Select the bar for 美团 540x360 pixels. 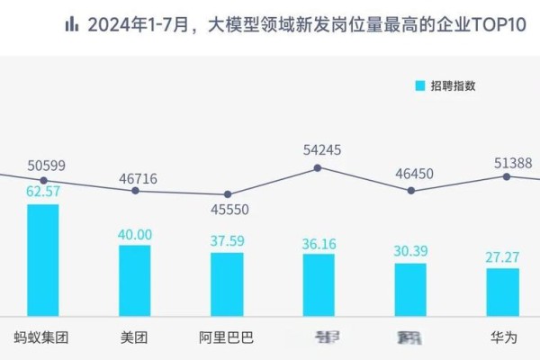[x=135, y=280]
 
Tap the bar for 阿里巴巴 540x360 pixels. [x=227, y=283]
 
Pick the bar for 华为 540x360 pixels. [x=502, y=291]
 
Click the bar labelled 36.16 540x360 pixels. [x=319, y=284]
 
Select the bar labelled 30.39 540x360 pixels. [x=410, y=289]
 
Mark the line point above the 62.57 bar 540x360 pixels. [x=43, y=180]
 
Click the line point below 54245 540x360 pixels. [x=318, y=167]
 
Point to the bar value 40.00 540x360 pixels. [x=135, y=234]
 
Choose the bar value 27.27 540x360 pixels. [x=502, y=257]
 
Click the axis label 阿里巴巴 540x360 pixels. [x=227, y=338]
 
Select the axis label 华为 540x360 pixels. [x=502, y=338]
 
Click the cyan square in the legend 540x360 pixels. [x=419, y=85]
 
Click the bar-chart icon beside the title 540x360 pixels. [x=71, y=24]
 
